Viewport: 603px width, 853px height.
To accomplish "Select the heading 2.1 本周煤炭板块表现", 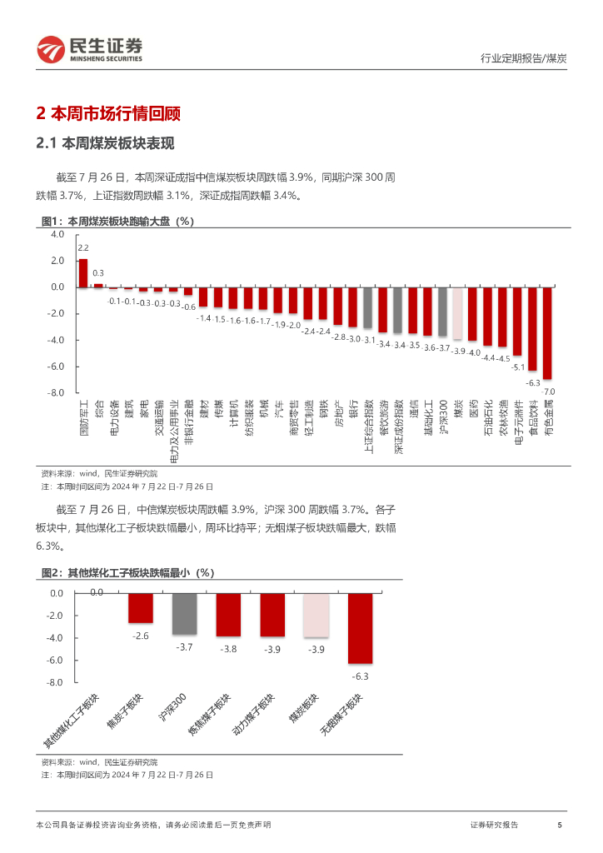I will (x=105, y=143).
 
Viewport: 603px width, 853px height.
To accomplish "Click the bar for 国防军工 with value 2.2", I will (x=83, y=273).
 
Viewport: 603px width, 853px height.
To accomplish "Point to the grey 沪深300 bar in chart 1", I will (x=442, y=312).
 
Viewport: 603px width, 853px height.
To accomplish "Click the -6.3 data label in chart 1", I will (x=532, y=382).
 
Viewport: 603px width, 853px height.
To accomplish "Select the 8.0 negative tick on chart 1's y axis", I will (x=57, y=392).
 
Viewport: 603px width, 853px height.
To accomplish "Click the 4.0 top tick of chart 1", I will (x=57, y=235).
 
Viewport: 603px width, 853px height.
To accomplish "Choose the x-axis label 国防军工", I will (x=83, y=423).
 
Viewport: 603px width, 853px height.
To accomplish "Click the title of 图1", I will (x=117, y=222).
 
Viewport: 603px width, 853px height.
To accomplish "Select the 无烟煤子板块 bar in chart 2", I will (x=360, y=628).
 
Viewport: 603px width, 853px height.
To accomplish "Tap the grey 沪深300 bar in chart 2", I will (x=184, y=614).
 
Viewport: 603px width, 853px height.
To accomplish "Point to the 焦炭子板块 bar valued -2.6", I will (x=140, y=608).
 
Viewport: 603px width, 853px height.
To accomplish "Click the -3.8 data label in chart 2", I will (x=228, y=648).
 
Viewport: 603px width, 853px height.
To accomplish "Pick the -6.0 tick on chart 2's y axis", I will (x=54, y=660).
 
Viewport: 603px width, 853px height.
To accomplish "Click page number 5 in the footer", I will (x=560, y=825).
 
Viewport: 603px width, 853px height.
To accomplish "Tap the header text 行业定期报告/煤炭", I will (x=524, y=58).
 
